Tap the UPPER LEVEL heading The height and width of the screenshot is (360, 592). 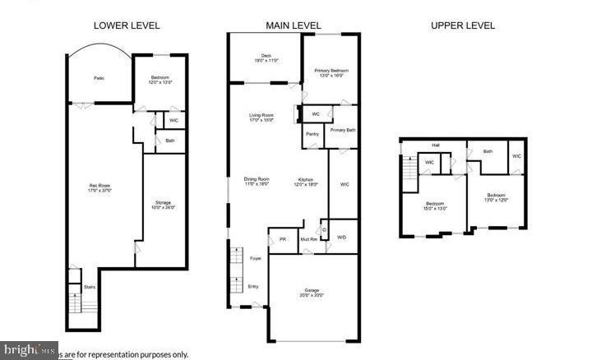pos(463,25)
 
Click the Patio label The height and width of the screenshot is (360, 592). pos(98,78)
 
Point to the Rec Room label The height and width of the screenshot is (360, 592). pos(99,187)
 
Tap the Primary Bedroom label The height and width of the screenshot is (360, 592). pos(331,73)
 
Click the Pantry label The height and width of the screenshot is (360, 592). pos(312,133)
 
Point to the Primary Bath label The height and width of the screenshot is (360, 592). pos(343,130)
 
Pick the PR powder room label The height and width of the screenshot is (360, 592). pos(282,239)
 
